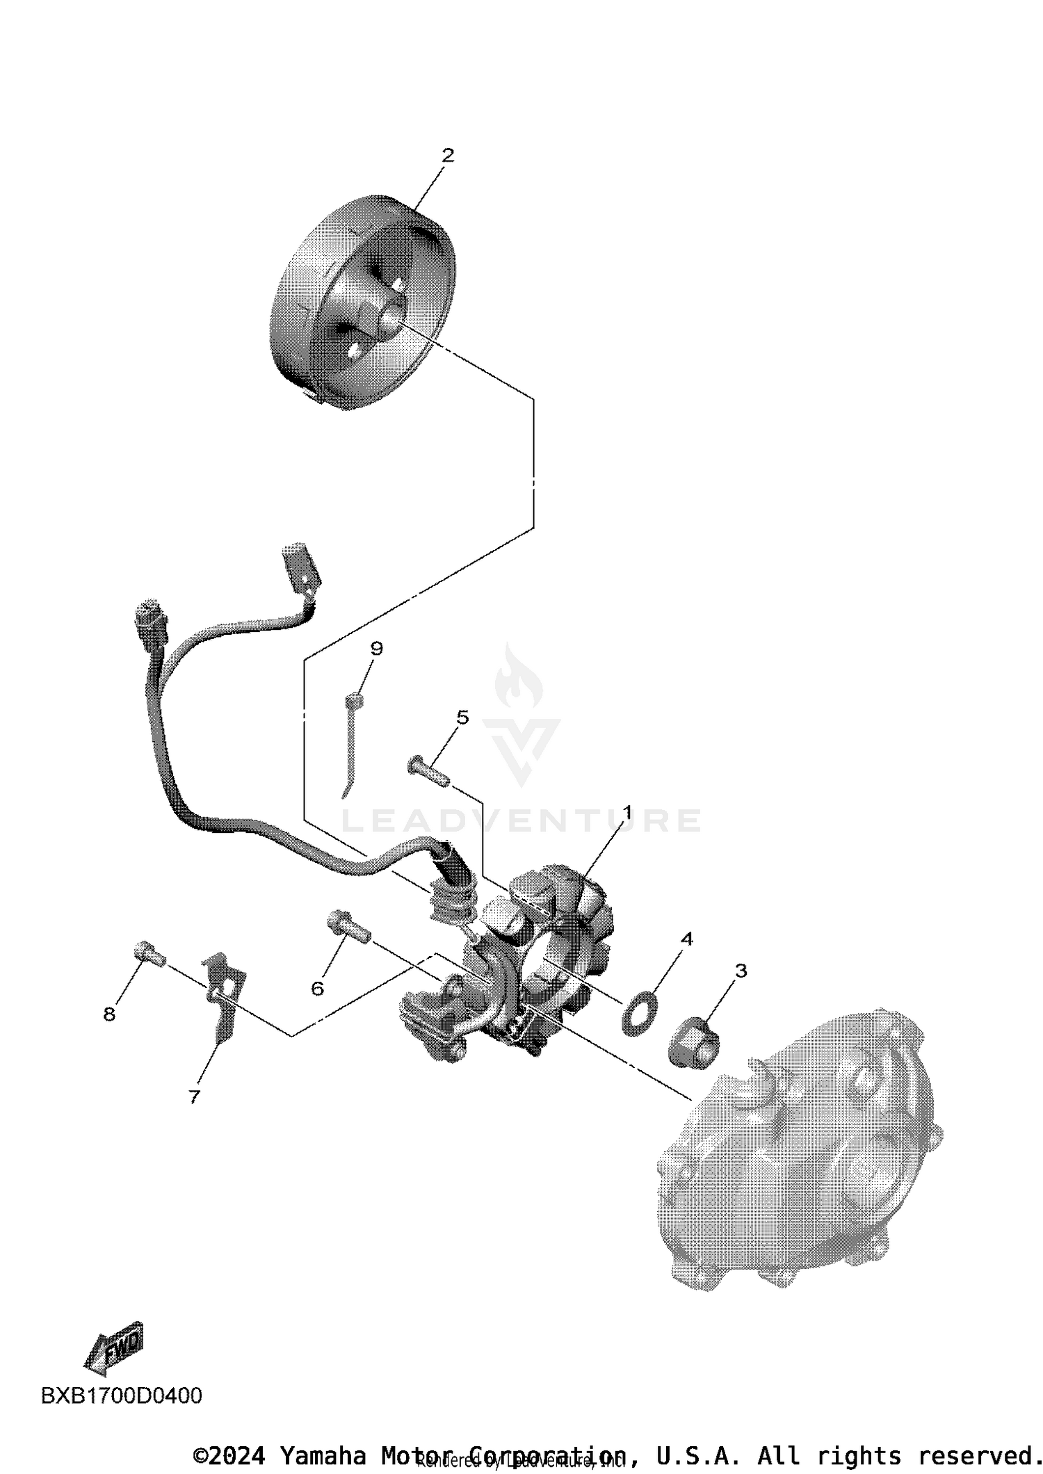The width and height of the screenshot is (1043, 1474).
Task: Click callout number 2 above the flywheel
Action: [448, 156]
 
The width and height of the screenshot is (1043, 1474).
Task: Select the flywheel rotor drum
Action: [363, 302]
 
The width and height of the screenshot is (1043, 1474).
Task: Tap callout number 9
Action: [376, 649]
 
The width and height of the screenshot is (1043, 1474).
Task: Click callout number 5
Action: [462, 717]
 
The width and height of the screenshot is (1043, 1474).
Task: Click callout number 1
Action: [627, 812]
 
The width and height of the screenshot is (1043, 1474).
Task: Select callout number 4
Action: [686, 939]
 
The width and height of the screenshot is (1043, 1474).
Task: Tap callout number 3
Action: [741, 971]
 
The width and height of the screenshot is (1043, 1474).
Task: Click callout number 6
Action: [318, 988]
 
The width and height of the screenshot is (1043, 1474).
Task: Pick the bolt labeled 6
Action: [348, 927]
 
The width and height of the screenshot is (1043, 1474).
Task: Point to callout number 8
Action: [109, 1014]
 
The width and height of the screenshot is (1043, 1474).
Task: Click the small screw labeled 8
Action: [148, 953]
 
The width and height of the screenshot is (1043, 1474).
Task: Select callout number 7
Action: [195, 1096]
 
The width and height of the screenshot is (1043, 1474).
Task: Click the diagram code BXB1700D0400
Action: [122, 1395]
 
